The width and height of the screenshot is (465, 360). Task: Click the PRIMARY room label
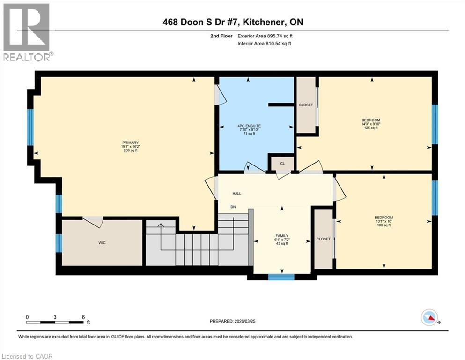[130, 142]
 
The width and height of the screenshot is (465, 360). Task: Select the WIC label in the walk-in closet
[102, 243]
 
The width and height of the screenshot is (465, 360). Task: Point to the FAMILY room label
[281, 236]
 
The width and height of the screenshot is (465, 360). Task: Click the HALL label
[237, 193]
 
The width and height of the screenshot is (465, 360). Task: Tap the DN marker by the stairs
[233, 207]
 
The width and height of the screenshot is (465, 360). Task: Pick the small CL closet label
[282, 164]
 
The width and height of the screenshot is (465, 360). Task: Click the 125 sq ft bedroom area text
[370, 127]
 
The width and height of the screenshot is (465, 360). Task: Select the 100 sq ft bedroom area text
[384, 225]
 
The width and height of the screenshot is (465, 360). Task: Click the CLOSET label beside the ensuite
[306, 105]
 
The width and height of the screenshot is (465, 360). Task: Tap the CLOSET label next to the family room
[323, 239]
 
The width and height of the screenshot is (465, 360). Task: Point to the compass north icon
[429, 318]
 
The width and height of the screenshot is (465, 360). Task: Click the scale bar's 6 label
[83, 317]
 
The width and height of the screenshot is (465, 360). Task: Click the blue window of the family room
[281, 277]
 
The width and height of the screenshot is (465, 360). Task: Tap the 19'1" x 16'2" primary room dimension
[130, 146]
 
